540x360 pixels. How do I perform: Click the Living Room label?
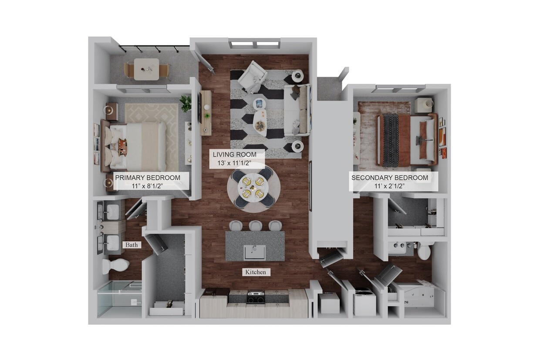pyautogui.click(x=238, y=159)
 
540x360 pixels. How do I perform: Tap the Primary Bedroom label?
pyautogui.click(x=147, y=182)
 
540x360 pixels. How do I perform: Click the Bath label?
pyautogui.click(x=132, y=245)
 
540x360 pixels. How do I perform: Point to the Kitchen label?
pyautogui.click(x=255, y=272)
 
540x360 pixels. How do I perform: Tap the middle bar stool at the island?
pyautogui.click(x=256, y=225)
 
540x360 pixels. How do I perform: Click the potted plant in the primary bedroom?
pyautogui.click(x=186, y=103)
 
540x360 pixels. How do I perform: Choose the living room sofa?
pyautogui.click(x=297, y=110)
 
